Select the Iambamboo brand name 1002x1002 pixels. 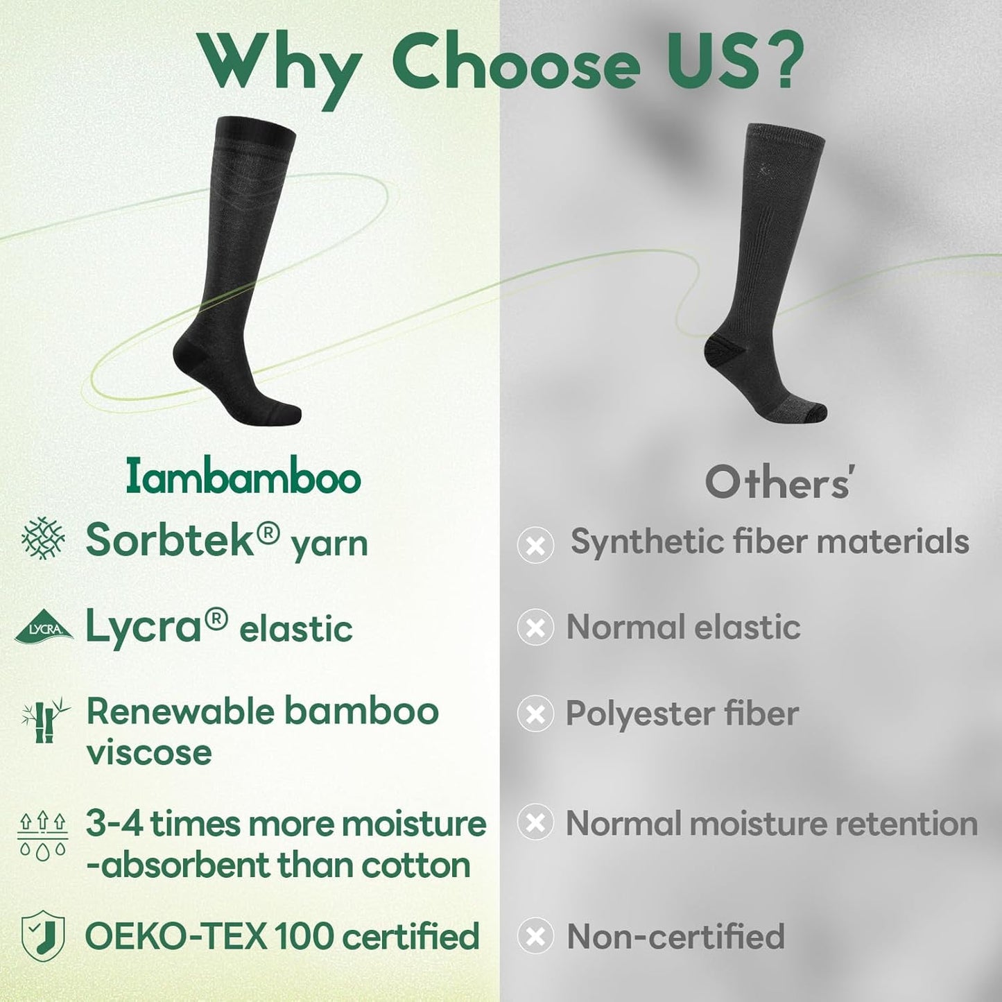coord(243,478)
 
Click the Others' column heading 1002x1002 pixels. coord(778,483)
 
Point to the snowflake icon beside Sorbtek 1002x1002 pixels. coord(43,538)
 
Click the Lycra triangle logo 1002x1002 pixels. coord(44,627)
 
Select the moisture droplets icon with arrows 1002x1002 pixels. coord(42,836)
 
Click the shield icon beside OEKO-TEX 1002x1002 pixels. coord(43,935)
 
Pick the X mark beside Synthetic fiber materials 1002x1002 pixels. coord(535,544)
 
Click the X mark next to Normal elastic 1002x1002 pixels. coord(535,628)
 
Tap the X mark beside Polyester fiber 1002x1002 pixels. coord(535,714)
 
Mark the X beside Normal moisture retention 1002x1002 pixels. coord(535,823)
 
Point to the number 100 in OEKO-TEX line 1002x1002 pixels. coord(304,936)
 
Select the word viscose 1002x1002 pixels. coord(149,752)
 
